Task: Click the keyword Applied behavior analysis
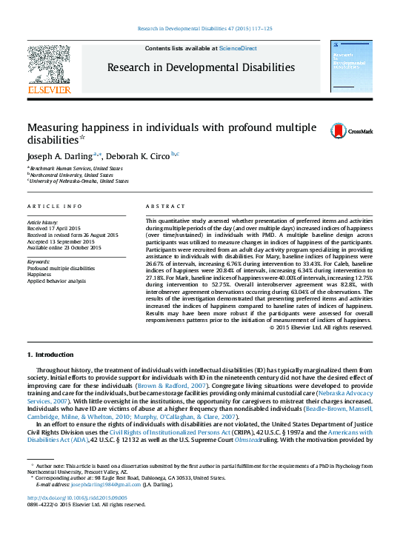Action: pyautogui.click(x=57, y=281)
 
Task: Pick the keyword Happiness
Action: pyautogui.click(x=40, y=275)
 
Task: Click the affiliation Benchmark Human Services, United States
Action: pyautogui.click(x=77, y=168)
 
